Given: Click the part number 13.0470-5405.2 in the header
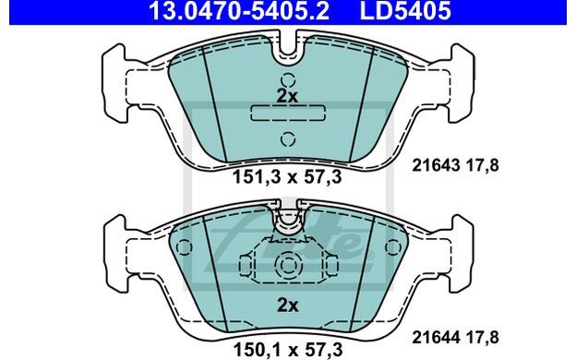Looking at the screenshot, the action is [239, 10].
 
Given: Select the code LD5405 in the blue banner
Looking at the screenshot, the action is [405, 10].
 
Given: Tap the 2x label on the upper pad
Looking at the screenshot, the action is [287, 96].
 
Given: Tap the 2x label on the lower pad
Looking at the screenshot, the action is [288, 305].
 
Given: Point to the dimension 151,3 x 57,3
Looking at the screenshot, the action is [288, 177].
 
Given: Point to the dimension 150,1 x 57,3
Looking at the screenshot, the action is [288, 349].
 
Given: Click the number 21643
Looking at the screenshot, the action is [436, 165].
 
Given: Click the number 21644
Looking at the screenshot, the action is [436, 337].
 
